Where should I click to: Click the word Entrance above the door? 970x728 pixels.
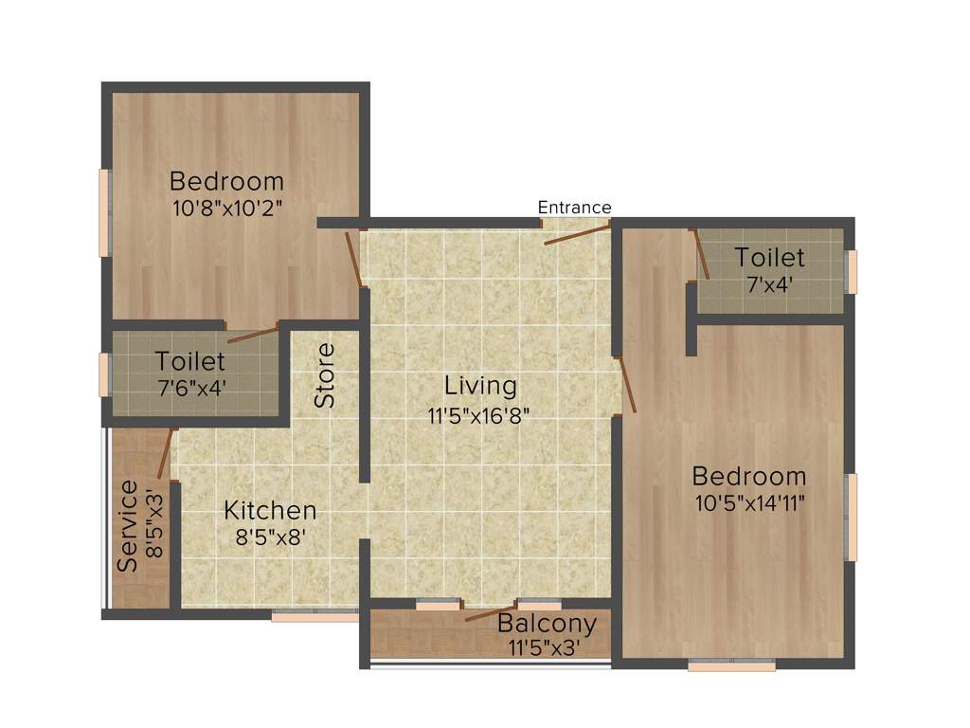(x=574, y=208)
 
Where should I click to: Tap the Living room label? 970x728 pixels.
(x=481, y=386)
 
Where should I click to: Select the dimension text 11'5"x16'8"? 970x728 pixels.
(x=478, y=414)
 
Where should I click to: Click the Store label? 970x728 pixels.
(x=326, y=375)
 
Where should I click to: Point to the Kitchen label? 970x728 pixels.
(x=270, y=510)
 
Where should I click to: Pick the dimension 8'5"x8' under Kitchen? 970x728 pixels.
(x=270, y=537)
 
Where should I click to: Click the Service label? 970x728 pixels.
(x=129, y=526)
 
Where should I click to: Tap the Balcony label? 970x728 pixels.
(x=547, y=624)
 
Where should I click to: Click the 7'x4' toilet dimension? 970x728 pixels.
(x=770, y=282)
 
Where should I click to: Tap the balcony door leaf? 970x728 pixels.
(x=491, y=611)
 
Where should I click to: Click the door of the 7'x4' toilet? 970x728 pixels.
(x=702, y=254)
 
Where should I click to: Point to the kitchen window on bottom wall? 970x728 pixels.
(x=314, y=616)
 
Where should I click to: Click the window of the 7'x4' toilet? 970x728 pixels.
(x=852, y=272)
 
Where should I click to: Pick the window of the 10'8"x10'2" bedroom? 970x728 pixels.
(x=104, y=212)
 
